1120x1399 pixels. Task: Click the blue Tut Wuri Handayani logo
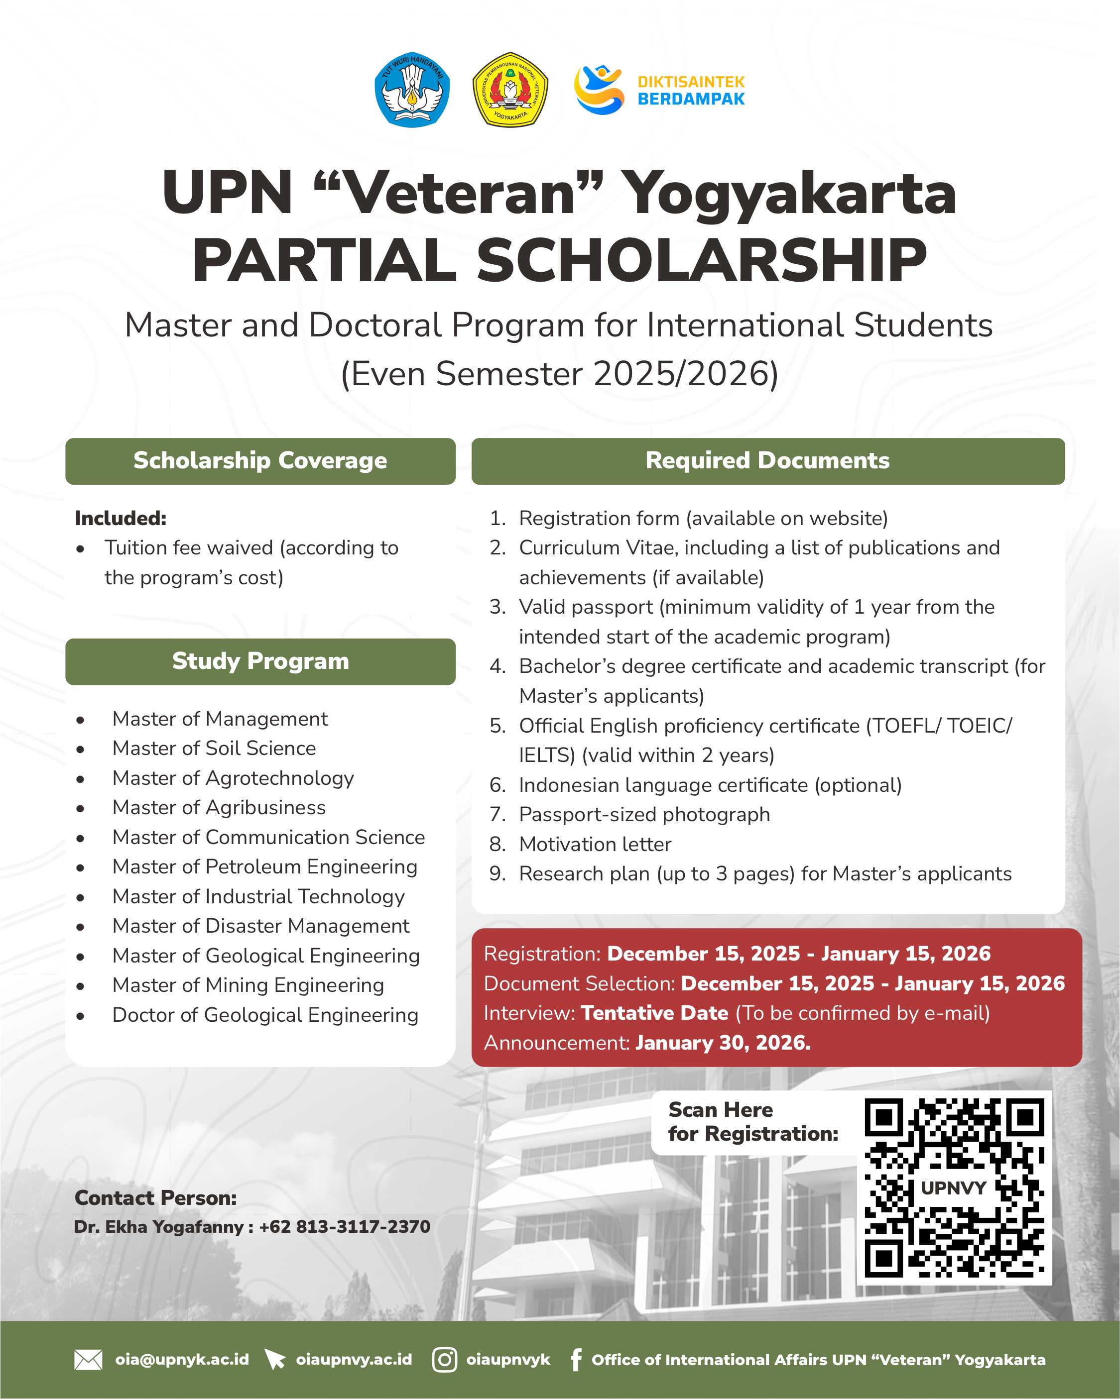[x=412, y=90]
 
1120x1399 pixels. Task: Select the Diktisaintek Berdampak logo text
[x=691, y=90]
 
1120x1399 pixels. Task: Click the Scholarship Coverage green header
[x=260, y=461]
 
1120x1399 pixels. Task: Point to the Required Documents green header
[x=767, y=461]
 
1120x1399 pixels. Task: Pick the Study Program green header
[x=260, y=661]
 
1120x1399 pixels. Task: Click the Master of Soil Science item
[x=214, y=748]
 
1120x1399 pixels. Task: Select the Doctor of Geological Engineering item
[x=265, y=1015]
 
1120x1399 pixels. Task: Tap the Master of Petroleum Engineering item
[x=264, y=867]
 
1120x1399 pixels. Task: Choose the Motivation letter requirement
[x=595, y=844]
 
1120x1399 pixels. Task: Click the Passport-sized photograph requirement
[x=644, y=814]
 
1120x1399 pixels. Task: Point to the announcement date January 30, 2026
[x=723, y=1043]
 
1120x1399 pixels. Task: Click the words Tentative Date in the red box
[x=654, y=1013]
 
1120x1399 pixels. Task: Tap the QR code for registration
[x=954, y=1187]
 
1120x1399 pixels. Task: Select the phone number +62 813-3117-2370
[x=344, y=1226]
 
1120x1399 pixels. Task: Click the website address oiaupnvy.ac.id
[x=354, y=1359]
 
